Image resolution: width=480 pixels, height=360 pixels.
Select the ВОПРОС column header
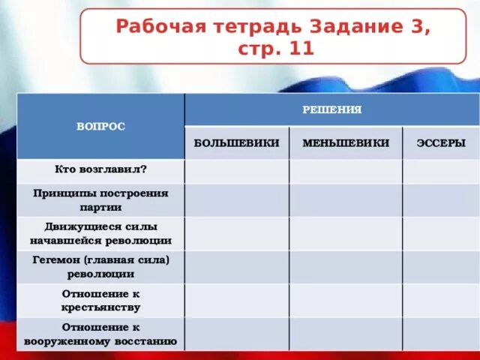100,127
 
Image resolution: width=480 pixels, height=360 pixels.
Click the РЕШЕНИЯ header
331,109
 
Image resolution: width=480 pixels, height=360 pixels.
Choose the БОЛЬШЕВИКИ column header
236,142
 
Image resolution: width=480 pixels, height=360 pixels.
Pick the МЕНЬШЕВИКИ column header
346,142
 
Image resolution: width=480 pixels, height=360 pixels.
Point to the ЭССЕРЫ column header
440,142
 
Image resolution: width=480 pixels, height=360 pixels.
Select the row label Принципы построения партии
100,199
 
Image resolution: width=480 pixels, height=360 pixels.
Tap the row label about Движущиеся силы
100,233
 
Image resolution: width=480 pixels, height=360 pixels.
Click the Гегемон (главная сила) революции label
100,266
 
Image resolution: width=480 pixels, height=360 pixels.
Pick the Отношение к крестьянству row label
100,300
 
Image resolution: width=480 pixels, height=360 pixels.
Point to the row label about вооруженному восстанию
100,334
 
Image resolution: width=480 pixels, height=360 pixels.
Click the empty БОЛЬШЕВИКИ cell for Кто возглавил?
236,170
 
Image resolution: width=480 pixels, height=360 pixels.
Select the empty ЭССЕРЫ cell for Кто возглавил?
440,170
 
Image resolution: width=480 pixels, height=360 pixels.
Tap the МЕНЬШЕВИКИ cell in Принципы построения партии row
346,200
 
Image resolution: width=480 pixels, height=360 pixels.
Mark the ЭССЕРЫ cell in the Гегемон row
440,267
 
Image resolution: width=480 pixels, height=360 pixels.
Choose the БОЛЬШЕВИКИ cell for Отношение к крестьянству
236,300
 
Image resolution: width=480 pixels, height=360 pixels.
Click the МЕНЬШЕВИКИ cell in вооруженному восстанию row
346,334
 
